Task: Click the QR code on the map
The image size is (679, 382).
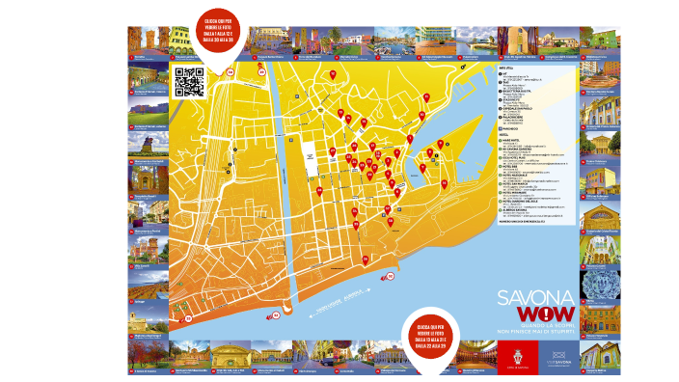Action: pos(189,82)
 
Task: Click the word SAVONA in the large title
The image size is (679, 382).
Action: pos(536,298)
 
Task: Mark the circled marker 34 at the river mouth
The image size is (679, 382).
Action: pos(275,314)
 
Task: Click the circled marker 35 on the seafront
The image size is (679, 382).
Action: pos(390,277)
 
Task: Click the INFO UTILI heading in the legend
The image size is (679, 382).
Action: pos(507,69)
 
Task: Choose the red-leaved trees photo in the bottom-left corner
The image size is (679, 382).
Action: pos(149,356)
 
